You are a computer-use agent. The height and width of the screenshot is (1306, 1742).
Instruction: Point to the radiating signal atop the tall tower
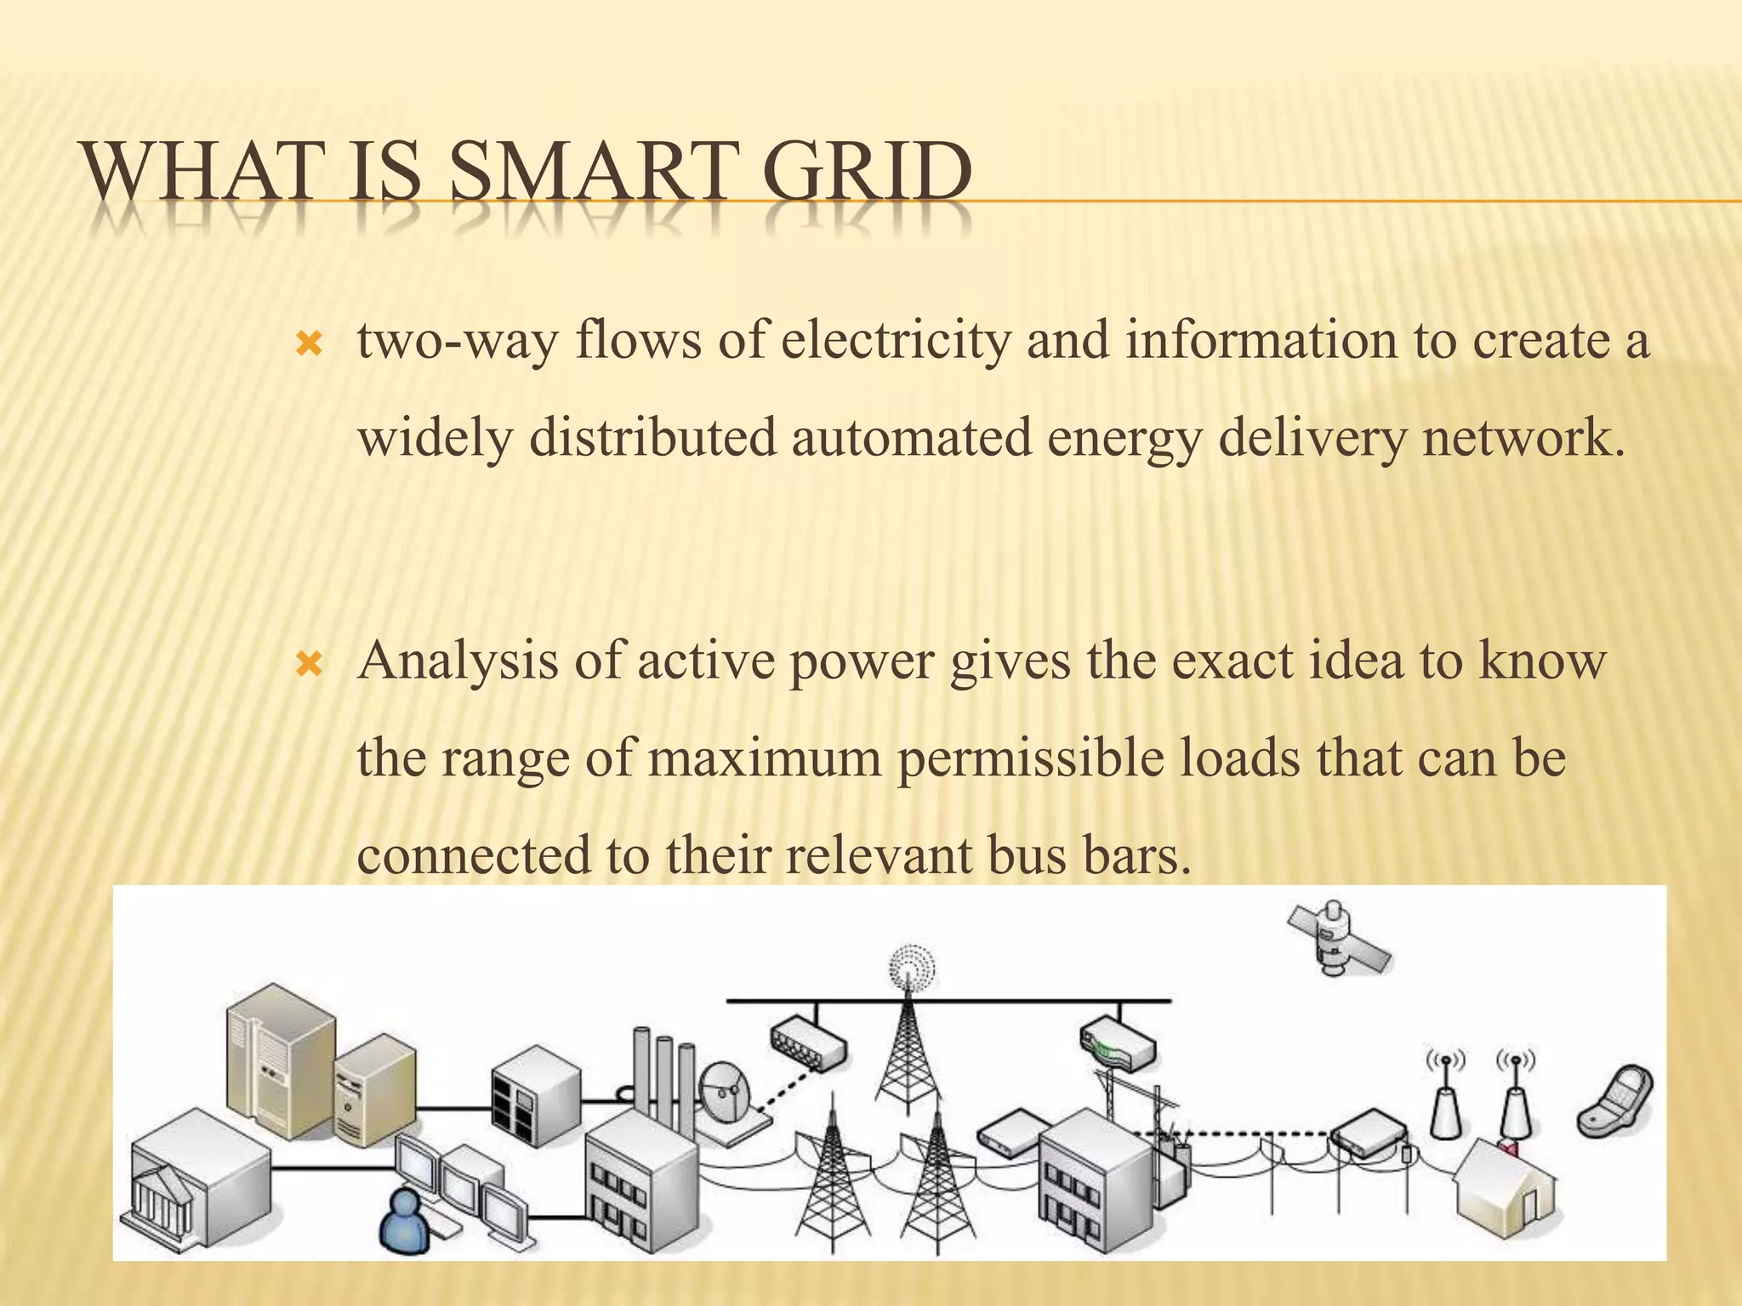click(912, 968)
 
